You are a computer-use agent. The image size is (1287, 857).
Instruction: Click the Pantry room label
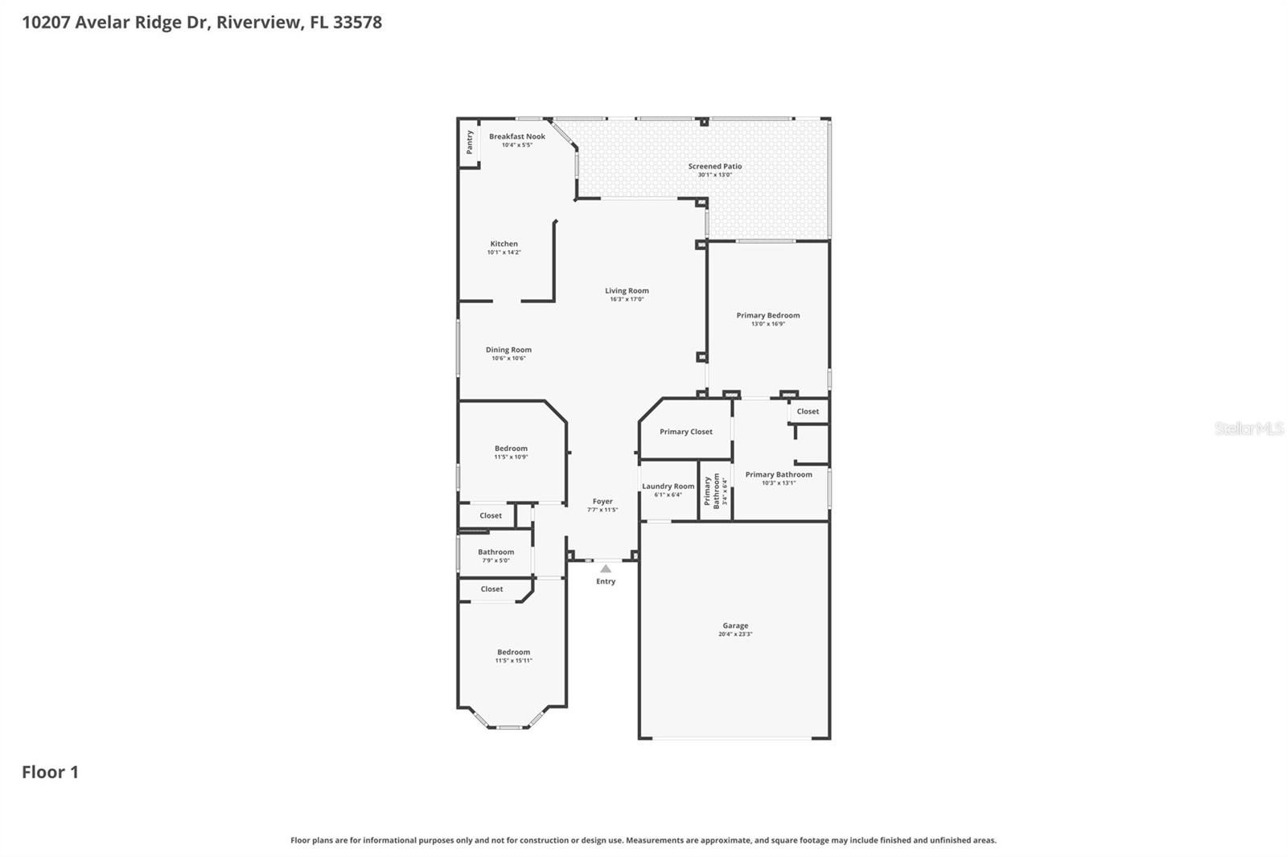click(470, 142)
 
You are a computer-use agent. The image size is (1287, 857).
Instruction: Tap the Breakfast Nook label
click(517, 137)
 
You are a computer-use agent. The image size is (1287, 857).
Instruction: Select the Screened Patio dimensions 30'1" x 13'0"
click(714, 174)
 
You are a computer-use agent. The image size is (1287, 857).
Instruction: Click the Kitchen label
click(504, 244)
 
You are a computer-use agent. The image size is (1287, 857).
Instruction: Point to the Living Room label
click(627, 291)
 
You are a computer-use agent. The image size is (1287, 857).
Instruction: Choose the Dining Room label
click(508, 350)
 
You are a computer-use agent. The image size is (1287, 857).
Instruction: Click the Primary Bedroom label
click(768, 315)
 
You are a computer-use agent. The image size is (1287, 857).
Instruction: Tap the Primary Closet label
click(686, 432)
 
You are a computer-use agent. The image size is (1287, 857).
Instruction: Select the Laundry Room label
click(668, 486)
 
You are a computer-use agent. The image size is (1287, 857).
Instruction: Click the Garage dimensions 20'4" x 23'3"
click(735, 634)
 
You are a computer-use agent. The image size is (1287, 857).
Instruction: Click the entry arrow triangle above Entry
click(606, 568)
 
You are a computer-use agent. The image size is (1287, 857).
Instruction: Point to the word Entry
click(606, 581)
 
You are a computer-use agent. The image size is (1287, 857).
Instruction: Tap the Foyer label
click(602, 501)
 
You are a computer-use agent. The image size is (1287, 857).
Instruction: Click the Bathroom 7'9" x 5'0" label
click(495, 552)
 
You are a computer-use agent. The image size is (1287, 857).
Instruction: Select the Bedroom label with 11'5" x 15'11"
click(513, 652)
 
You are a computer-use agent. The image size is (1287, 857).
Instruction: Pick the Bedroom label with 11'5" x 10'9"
click(511, 449)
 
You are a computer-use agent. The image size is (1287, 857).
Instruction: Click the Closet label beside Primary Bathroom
click(808, 412)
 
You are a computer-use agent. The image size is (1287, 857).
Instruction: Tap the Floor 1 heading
click(50, 772)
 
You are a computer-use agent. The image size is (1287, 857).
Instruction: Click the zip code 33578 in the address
click(357, 22)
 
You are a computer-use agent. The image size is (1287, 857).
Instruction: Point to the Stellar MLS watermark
click(1248, 428)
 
